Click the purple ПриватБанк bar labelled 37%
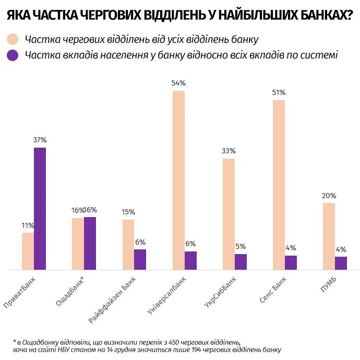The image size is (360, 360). (x=40, y=209)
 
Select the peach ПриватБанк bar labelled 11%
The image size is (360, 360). (x=28, y=251)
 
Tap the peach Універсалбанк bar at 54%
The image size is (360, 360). (x=178, y=180)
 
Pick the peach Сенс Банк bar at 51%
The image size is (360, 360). (x=279, y=185)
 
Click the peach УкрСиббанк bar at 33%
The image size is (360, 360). (x=229, y=214)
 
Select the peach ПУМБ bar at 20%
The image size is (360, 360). (x=329, y=236)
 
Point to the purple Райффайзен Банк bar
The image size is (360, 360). (x=140, y=259)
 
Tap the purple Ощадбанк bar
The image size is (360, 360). (x=90, y=243)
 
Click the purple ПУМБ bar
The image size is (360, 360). (x=341, y=263)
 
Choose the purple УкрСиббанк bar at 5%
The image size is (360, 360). (x=241, y=262)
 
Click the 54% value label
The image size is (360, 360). (x=178, y=83)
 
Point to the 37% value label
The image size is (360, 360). (x=40, y=140)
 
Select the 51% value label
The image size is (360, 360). (x=279, y=92)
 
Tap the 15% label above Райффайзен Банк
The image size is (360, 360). (x=128, y=212)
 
